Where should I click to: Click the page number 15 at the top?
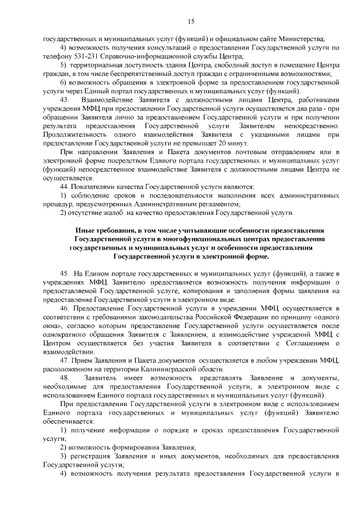click(191, 21)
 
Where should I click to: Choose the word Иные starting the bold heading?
click(84, 230)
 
